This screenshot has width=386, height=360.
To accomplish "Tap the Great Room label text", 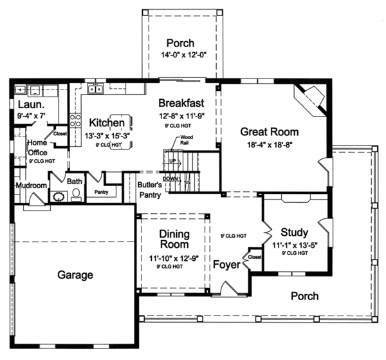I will [x=267, y=131].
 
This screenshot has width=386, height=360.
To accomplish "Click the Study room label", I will [x=294, y=232].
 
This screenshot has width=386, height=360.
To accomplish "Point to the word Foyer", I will [x=226, y=264].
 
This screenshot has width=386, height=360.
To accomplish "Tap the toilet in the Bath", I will [x=76, y=193].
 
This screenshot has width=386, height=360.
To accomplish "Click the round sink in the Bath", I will [x=59, y=196].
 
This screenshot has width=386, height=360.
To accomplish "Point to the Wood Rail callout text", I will [x=187, y=140].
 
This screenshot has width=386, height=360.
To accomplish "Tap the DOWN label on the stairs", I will [x=171, y=178].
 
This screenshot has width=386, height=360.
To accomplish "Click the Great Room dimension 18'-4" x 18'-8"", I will [x=267, y=146].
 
